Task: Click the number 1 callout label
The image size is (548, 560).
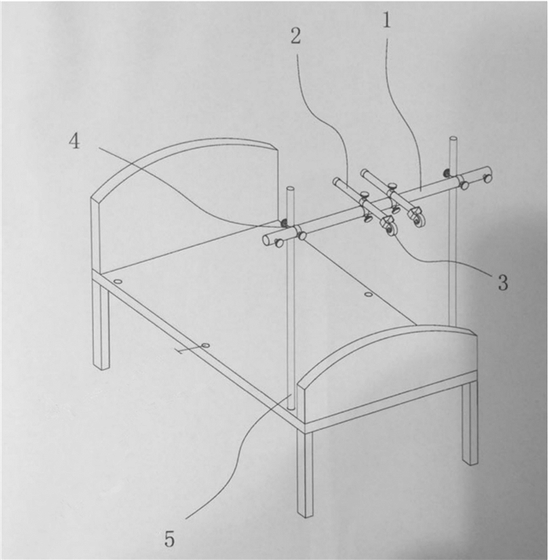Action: (387, 20)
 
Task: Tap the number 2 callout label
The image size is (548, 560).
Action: (295, 36)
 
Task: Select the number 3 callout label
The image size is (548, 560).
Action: (503, 283)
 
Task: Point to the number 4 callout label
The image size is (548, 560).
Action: (74, 142)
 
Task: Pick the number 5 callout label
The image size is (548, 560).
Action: (170, 539)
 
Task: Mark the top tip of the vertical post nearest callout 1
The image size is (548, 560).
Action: (453, 138)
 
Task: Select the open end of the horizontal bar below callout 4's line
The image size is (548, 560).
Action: (266, 240)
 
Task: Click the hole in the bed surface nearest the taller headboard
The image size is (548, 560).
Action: (117, 282)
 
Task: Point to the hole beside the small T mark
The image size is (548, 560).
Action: (206, 345)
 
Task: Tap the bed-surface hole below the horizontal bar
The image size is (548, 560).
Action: (369, 294)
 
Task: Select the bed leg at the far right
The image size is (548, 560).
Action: (470, 422)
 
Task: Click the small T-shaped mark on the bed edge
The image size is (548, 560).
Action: (186, 350)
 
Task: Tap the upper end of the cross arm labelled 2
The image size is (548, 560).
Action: (337, 181)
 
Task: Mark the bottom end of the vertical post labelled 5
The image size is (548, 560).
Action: (292, 406)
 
